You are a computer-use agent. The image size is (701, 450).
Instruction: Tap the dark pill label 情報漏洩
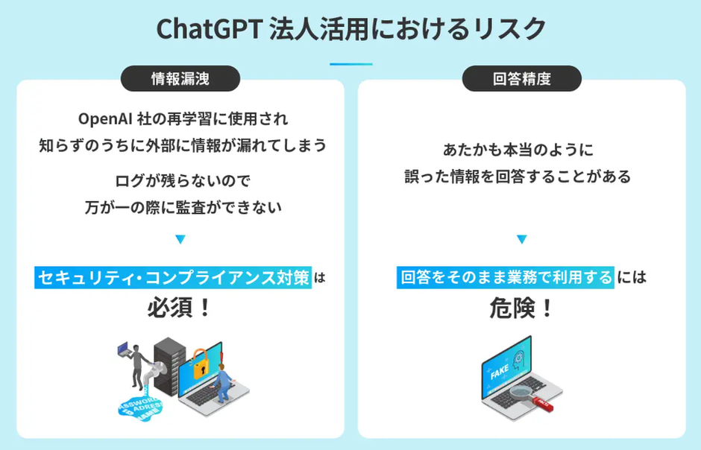tap(180, 78)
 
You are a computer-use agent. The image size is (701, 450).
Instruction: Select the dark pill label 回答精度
tap(522, 78)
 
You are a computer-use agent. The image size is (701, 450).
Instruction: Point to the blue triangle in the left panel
tap(180, 239)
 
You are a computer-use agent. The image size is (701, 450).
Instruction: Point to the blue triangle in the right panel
tap(522, 239)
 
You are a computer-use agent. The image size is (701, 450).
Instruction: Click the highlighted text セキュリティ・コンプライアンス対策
tap(173, 277)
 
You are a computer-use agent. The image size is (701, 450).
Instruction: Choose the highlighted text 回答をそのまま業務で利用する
tap(505, 277)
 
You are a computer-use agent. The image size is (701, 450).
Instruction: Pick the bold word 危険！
tap(521, 308)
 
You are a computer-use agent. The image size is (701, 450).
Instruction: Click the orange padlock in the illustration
tap(201, 364)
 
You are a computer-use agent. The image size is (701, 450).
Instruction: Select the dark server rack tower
tap(169, 366)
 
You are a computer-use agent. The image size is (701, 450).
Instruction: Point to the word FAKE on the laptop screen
tap(500, 372)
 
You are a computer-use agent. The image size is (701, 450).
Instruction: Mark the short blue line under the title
tap(351, 64)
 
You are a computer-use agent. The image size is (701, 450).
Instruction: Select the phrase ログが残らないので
tap(183, 181)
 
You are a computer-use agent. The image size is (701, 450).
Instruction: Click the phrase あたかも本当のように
tap(518, 150)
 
